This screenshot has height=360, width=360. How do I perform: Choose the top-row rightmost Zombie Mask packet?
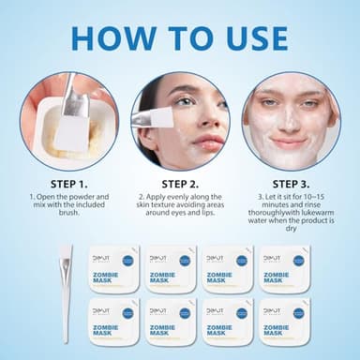pos(284,269)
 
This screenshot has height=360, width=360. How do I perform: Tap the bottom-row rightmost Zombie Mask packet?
pos(284,322)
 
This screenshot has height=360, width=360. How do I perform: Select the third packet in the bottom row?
pos(228,322)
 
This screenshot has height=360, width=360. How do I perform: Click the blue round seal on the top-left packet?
pos(127,261)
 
